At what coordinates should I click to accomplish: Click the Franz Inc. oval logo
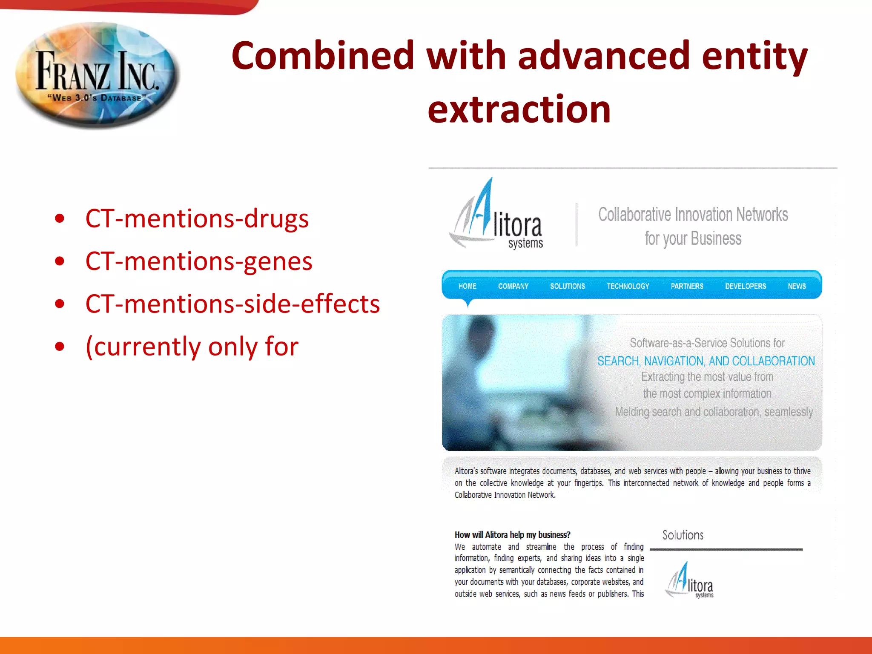coord(97,75)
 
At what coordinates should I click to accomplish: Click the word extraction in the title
coord(519,109)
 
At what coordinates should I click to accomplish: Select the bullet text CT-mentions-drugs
coord(197,218)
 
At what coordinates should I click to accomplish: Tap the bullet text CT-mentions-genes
coord(199,261)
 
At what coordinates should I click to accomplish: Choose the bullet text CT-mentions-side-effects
coord(232,304)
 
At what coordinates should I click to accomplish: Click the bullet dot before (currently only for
coord(60,346)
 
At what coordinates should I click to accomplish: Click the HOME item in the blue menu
coord(467,286)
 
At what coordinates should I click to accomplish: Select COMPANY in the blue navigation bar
coord(513,286)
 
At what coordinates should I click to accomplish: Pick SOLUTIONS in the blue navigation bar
coord(567,286)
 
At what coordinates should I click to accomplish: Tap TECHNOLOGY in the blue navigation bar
coord(628,286)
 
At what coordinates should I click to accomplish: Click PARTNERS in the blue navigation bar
coord(687,286)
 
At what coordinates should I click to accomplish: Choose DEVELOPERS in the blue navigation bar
coord(745,286)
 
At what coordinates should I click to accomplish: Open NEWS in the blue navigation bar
coord(796,286)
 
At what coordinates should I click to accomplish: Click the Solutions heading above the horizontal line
coord(683,535)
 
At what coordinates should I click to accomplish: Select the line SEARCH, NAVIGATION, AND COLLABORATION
coord(706,361)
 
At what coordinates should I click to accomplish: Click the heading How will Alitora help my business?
coord(512,535)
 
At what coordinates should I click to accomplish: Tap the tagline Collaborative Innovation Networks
coord(693,215)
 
